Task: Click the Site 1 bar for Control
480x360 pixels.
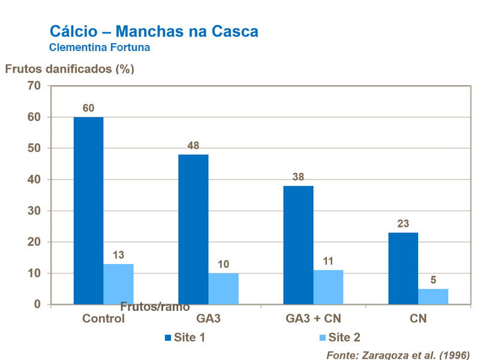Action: pyautogui.click(x=88, y=210)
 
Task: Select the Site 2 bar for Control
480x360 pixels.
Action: pyautogui.click(x=118, y=284)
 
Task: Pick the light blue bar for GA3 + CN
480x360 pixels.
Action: pyautogui.click(x=328, y=287)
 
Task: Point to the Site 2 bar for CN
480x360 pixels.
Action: pyautogui.click(x=433, y=296)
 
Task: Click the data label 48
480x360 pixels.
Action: pyautogui.click(x=193, y=146)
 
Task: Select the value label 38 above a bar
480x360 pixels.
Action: pyautogui.click(x=298, y=177)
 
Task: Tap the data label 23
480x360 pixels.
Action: pyautogui.click(x=403, y=224)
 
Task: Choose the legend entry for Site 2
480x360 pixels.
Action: pyautogui.click(x=338, y=337)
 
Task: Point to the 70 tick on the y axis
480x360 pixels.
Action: pyautogui.click(x=34, y=86)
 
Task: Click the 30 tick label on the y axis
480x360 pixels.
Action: pyautogui.click(x=34, y=211)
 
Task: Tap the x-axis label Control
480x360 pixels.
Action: pyautogui.click(x=103, y=319)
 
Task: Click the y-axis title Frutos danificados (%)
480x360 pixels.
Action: pyautogui.click(x=70, y=68)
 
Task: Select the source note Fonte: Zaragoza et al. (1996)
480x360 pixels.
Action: pyautogui.click(x=398, y=354)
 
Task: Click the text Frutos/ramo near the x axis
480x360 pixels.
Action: pyautogui.click(x=155, y=307)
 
